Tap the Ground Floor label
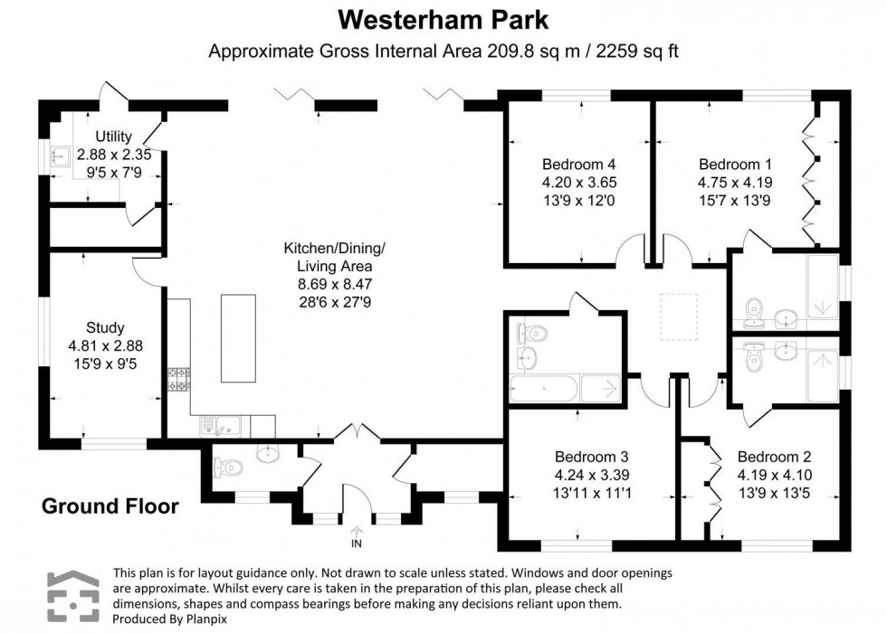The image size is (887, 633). tap(110, 506)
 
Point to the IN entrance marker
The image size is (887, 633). tap(357, 543)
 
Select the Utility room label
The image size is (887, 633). tap(100, 137)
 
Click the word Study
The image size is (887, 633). tap(105, 327)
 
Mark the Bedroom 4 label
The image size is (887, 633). tap(579, 165)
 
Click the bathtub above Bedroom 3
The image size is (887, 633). tap(543, 390)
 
